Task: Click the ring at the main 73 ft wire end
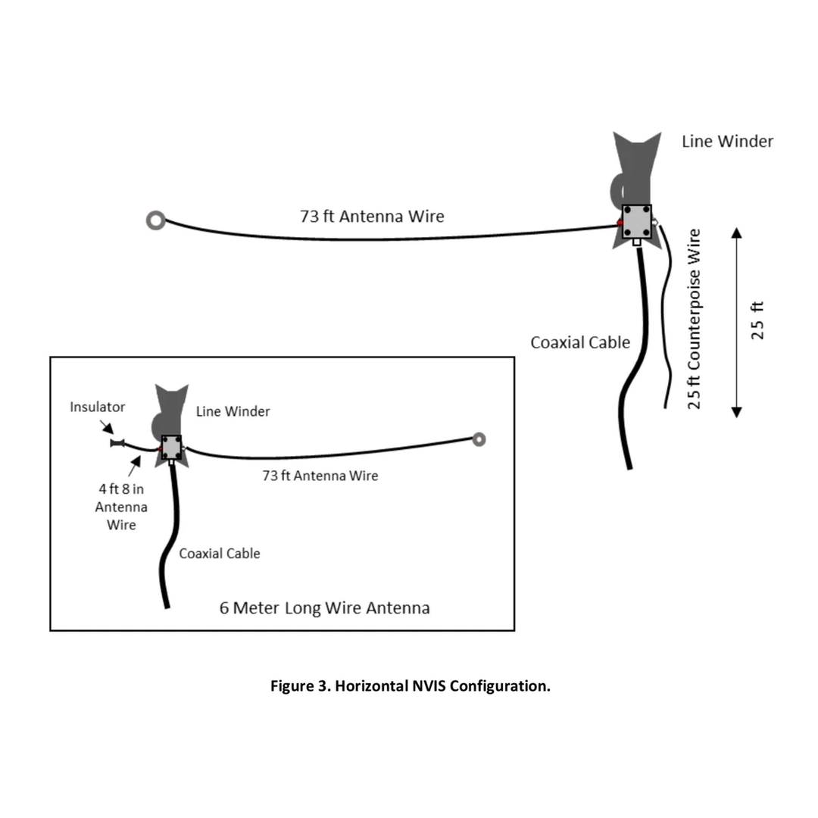pos(155,220)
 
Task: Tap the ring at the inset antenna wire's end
pos(479,439)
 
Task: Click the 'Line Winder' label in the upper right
pos(727,141)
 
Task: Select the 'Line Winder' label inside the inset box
pos(233,411)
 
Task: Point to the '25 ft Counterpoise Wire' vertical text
pos(694,318)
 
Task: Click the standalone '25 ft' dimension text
pos(757,320)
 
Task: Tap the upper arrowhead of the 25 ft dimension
pos(736,231)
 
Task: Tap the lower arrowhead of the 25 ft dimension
pos(736,411)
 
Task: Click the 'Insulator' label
pos(98,407)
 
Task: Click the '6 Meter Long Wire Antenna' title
pos(325,607)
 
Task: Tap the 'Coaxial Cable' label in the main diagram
pos(579,342)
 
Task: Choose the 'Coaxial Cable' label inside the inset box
pos(219,554)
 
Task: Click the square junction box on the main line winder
pos(637,221)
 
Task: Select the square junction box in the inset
pos(171,448)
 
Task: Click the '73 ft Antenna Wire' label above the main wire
pos(372,216)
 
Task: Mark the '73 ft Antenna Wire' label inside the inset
pos(320,476)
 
